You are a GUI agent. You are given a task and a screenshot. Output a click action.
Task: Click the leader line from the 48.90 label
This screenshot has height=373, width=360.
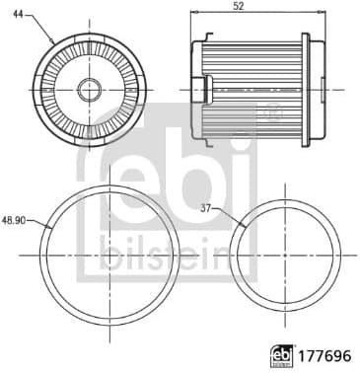39,224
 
